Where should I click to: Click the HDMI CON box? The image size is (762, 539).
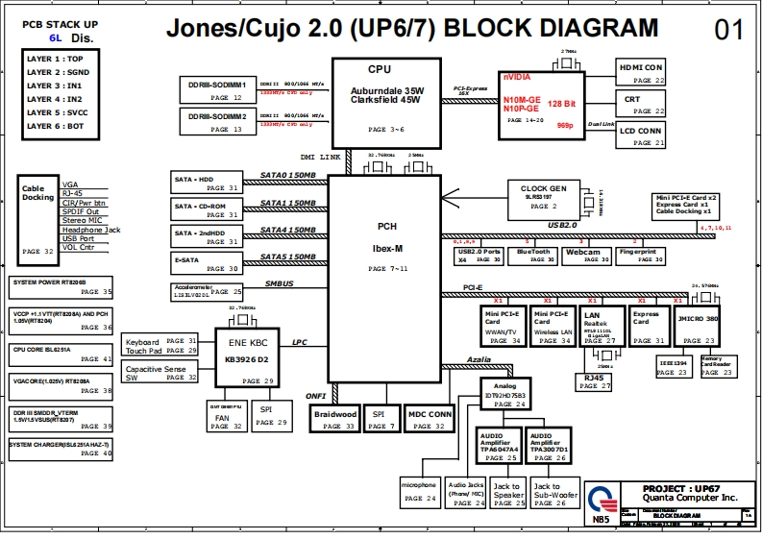coord(641,73)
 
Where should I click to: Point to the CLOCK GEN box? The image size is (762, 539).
coord(543,198)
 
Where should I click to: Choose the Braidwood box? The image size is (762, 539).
coord(334,419)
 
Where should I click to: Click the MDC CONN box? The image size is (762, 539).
coord(429,419)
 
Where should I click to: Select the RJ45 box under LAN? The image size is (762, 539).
coord(595,381)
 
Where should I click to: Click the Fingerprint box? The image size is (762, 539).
coord(638,256)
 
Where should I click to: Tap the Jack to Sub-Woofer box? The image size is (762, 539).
coord(550,494)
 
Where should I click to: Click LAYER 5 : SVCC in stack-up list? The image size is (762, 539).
coord(55,112)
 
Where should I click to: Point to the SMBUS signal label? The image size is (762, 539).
coord(279,284)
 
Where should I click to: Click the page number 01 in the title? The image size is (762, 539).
coord(728,30)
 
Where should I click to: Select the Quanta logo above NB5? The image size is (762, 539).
coord(601,499)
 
